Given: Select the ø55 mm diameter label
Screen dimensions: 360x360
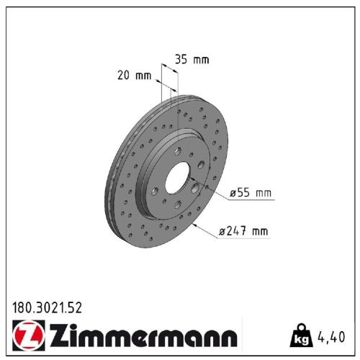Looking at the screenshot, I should [250, 192].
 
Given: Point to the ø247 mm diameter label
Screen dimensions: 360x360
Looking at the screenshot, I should [243, 231].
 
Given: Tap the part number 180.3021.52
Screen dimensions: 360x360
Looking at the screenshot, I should [48, 307].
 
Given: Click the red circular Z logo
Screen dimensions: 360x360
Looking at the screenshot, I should [26, 335].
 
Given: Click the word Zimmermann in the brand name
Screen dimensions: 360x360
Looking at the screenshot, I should [144, 336].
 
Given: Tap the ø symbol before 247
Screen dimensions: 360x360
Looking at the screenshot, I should [222, 231].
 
